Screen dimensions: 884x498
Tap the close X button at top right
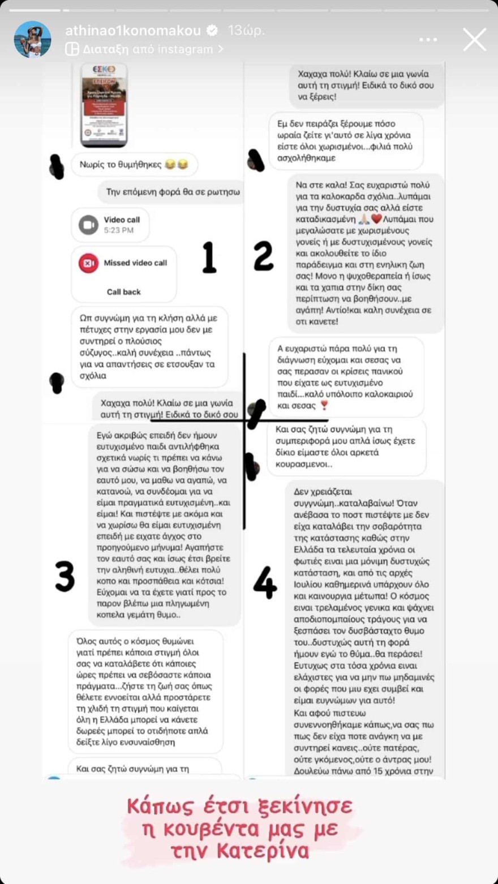coord(474,40)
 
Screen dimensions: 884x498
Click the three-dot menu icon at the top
coord(428,40)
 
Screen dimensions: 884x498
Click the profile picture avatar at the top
coord(32,40)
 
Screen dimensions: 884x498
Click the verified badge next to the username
coord(212,31)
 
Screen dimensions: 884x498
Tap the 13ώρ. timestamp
coord(246,31)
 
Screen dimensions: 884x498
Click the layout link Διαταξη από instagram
coord(144,49)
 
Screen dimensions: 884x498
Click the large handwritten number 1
coord(209,258)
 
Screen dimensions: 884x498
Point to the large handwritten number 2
coord(263,255)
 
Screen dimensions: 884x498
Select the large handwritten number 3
coord(65,576)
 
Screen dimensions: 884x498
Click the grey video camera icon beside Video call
coord(88,225)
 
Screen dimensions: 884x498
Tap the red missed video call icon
coord(88,263)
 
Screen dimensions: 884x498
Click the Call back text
coord(123,292)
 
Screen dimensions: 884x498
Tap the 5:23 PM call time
coord(118,230)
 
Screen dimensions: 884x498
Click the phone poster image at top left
coord(104,104)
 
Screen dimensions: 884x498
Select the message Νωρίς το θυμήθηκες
coord(134,165)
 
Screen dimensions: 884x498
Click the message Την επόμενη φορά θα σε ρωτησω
coord(173,192)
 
